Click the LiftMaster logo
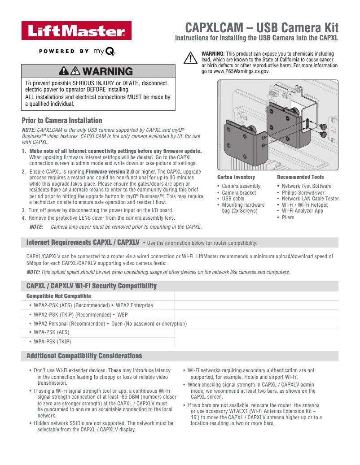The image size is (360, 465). pos(77,30)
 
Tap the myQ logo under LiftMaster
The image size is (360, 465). pos(104,51)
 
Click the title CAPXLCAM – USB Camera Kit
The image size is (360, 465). pos(262,28)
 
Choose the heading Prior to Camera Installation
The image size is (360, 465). pos(62,121)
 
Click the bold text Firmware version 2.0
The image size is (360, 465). pos(110,172)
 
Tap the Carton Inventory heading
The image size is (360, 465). pos(236,177)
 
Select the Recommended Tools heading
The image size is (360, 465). pos(300,177)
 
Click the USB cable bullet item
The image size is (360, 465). pos(233,199)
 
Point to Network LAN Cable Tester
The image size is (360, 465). pos(310,199)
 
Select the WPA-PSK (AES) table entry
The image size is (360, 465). pos(51,332)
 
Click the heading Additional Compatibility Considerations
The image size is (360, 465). pos(84,356)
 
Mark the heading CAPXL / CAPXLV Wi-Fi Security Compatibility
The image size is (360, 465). pos(92,286)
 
